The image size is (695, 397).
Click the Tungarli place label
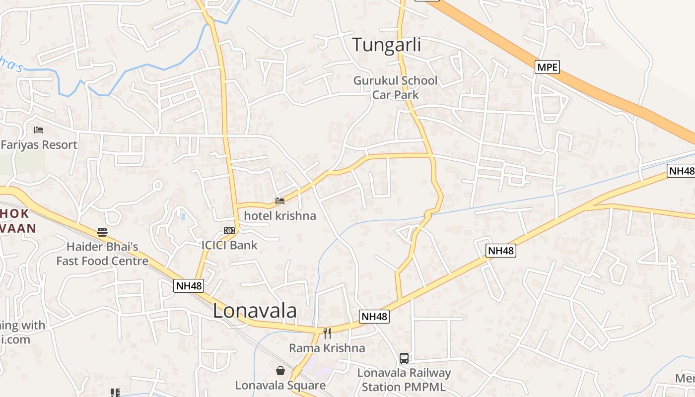coord(386,45)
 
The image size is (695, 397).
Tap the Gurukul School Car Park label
coord(395,87)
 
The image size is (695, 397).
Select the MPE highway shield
coord(547,67)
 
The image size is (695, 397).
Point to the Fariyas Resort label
coord(39,145)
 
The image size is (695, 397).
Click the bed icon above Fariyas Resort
coord(39,130)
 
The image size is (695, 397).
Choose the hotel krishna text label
coord(280,216)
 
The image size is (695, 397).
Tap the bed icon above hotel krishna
coord(280,201)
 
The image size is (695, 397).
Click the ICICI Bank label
coord(229,245)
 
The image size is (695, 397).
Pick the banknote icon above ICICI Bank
coord(229,231)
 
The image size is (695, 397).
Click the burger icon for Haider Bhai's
coord(102,232)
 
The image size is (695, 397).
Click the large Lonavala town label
coord(255,311)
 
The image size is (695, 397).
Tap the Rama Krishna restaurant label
coord(327,348)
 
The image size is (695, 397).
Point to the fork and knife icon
coord(327,333)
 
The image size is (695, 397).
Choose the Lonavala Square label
coord(280,385)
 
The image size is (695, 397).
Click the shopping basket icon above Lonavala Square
coord(280,371)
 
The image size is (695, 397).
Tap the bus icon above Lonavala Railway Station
coord(404,358)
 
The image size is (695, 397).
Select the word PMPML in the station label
coord(424,387)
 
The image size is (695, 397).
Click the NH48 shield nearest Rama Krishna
coord(374,317)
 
